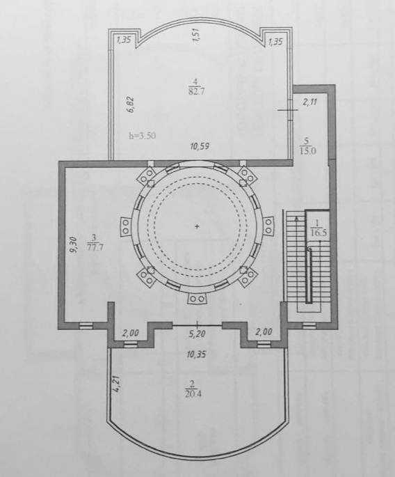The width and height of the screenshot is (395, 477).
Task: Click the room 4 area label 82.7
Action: point(196,91)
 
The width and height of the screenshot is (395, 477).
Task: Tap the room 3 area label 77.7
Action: point(95,247)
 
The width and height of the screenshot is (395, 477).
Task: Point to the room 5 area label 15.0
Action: point(308,151)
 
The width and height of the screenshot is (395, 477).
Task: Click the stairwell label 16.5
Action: point(319,233)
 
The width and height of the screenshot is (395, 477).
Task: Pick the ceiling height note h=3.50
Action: point(143,136)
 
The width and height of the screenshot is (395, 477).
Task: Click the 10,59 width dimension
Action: point(200,147)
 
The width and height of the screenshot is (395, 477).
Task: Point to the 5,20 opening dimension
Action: point(197,334)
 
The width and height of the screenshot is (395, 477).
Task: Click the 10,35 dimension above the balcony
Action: point(197,354)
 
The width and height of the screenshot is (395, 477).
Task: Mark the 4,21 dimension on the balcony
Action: point(118,384)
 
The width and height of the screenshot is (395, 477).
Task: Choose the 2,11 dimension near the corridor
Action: point(310,102)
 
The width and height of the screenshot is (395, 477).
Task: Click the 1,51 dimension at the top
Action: point(196,36)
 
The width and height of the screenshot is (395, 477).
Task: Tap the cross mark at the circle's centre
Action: point(197,226)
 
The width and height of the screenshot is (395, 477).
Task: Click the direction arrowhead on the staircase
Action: point(296,218)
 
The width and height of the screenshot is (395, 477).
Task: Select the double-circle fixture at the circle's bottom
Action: point(197,299)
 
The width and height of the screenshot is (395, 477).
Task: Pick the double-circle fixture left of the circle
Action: point(126,226)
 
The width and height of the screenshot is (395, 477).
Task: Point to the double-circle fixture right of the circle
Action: point(268,226)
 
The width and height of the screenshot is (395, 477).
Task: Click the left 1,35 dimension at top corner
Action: point(124,40)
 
